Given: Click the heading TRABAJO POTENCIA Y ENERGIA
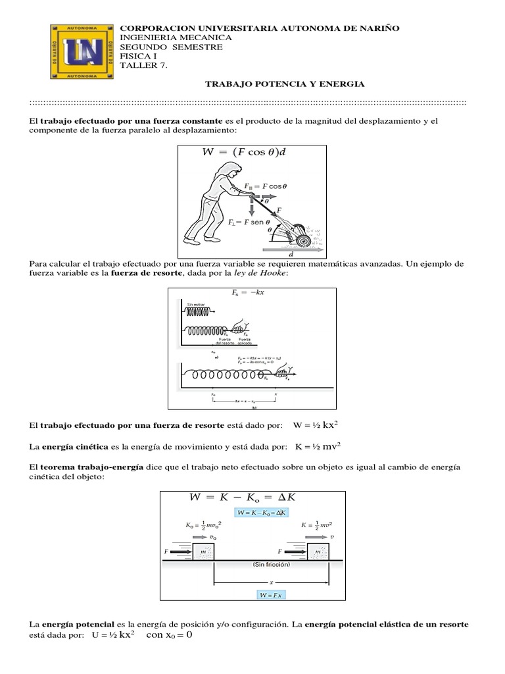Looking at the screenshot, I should click(285, 84).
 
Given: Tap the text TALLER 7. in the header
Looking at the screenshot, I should click(139, 65).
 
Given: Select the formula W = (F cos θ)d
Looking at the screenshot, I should click(244, 153).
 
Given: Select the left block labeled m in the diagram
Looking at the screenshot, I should click(203, 550).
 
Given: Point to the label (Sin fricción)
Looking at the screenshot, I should click(270, 565).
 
